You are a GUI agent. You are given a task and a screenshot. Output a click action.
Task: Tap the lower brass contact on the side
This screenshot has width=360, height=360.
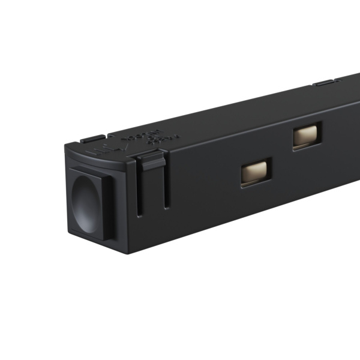click(x=256, y=172)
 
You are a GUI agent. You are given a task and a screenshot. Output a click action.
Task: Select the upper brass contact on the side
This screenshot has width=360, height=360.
click(x=307, y=136)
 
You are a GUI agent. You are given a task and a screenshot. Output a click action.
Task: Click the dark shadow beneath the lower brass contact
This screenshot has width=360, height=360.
click(x=257, y=184)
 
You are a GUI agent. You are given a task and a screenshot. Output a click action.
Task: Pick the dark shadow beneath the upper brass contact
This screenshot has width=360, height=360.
click(x=307, y=148)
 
